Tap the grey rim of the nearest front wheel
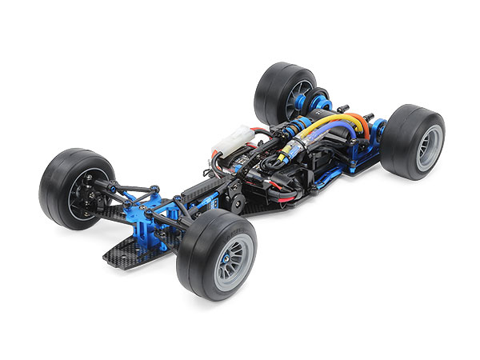pyautogui.click(x=233, y=261)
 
